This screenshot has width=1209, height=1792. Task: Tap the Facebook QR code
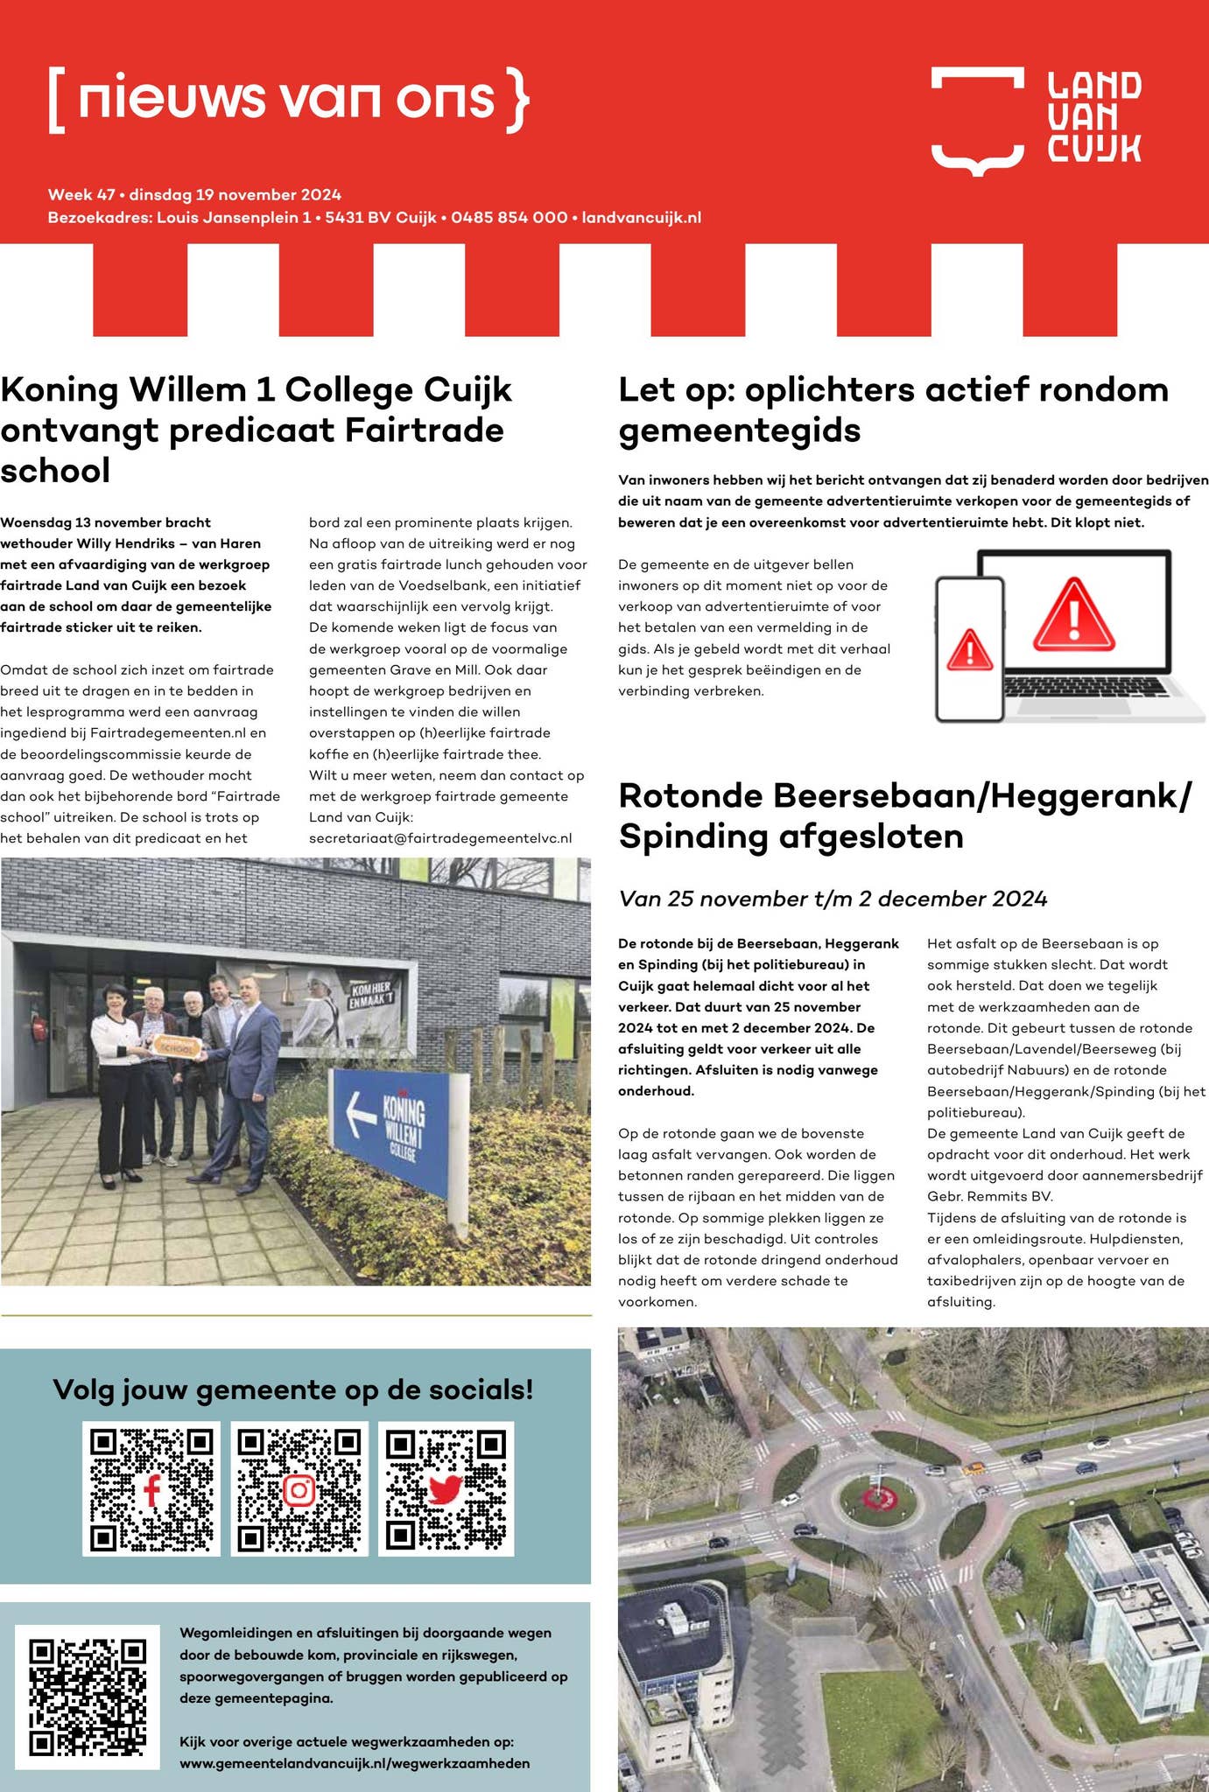151,1488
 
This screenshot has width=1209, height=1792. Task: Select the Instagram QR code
299,1488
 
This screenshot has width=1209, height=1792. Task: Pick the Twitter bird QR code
446,1488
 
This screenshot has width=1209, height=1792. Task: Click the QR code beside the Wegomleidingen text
88,1697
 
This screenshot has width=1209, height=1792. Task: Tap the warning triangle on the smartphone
969,649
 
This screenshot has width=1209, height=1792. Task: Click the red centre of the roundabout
877,1495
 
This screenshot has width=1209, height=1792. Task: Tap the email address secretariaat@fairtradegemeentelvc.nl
440,838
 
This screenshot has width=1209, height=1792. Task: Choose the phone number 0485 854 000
509,217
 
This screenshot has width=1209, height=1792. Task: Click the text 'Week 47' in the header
81,194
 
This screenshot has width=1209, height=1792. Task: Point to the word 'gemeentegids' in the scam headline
740,430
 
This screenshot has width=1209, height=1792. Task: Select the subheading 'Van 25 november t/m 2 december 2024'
833,899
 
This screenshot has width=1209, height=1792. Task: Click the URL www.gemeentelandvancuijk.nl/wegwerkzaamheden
355,1763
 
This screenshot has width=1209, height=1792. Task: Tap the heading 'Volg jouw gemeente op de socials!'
293,1389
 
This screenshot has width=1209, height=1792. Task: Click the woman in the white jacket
117,1076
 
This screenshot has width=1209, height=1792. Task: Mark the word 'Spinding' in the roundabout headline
692,836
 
